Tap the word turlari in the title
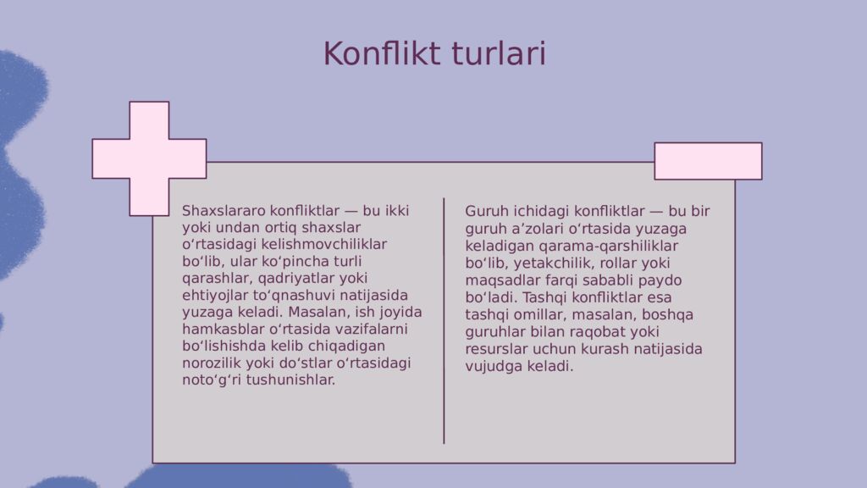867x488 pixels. (x=499, y=53)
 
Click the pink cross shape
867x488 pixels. (x=149, y=158)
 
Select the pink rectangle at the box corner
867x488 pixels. (x=708, y=161)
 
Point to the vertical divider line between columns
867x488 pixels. (x=444, y=321)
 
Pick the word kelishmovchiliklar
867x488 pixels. (x=324, y=244)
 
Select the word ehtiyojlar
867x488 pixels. (x=215, y=296)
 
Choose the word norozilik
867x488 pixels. (x=212, y=363)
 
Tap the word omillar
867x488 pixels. (x=540, y=315)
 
